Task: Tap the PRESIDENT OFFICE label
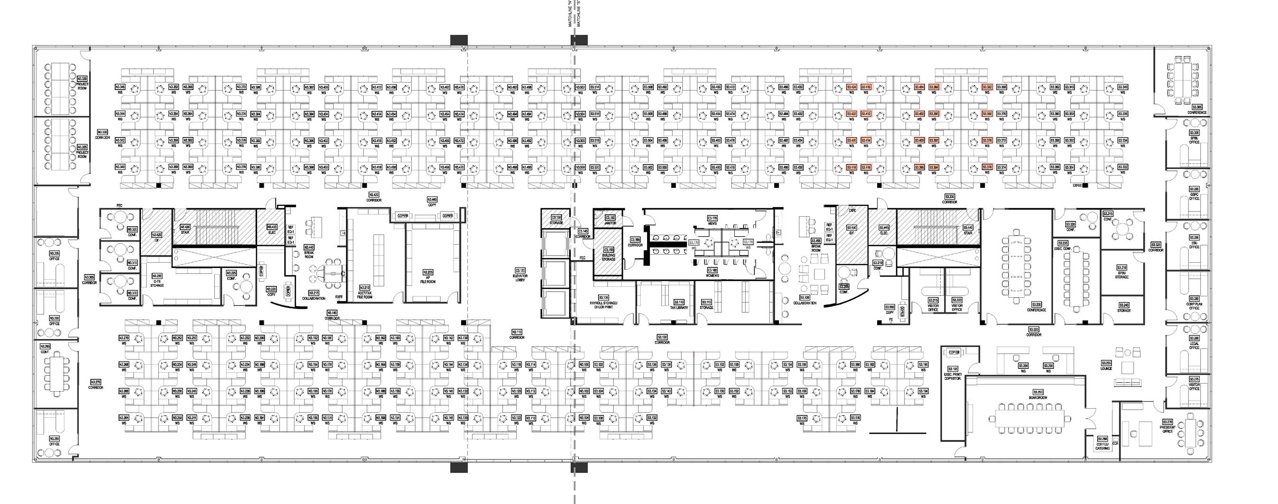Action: click(x=1167, y=429)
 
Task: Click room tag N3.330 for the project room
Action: click(x=83, y=79)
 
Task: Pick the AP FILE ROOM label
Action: click(x=427, y=277)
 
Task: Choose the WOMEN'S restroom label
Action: click(x=713, y=273)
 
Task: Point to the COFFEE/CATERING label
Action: click(x=1102, y=446)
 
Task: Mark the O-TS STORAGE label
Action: click(x=157, y=283)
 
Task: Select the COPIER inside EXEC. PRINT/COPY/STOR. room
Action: click(x=954, y=352)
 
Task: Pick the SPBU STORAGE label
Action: click(x=1122, y=272)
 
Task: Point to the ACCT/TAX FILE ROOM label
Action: click(x=365, y=292)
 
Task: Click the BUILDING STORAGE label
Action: click(x=609, y=255)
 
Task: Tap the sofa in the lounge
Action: click(x=1128, y=382)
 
